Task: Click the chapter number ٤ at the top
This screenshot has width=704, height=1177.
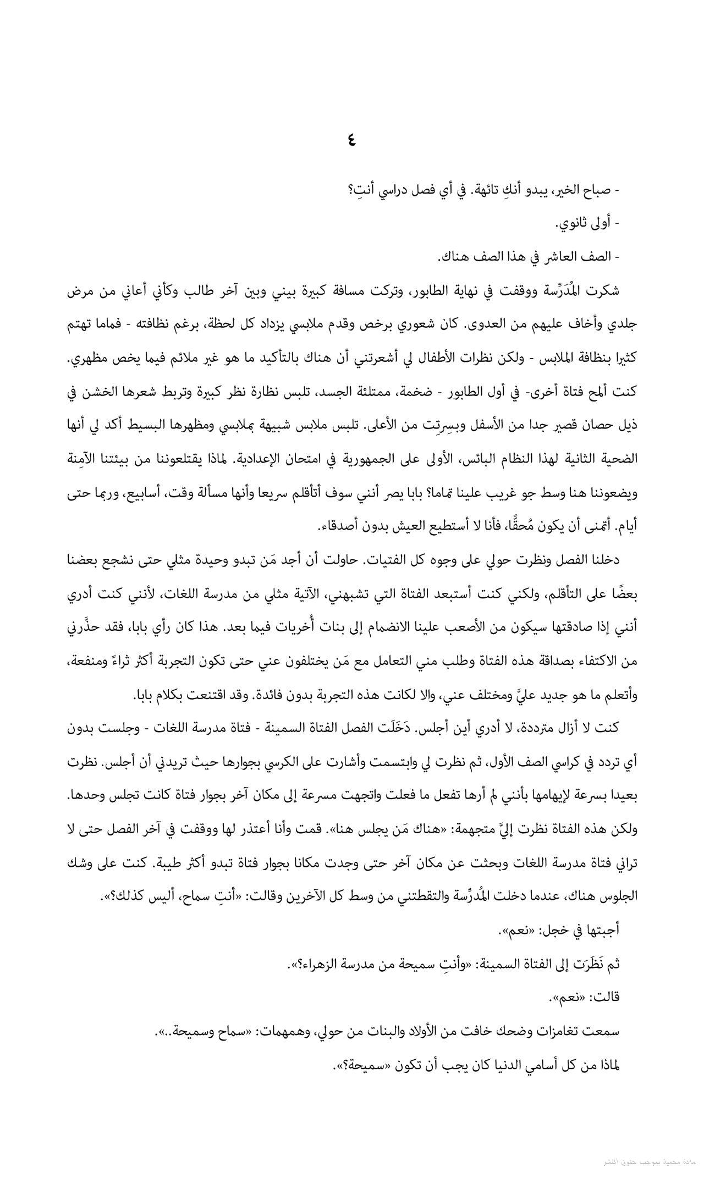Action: coord(351,140)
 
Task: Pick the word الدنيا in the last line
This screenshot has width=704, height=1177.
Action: coord(507,1065)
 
